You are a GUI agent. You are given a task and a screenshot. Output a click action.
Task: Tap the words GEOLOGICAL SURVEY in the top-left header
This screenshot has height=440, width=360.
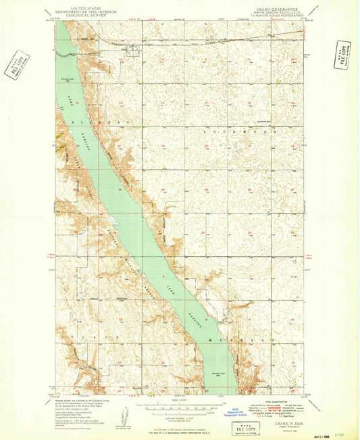click(x=79, y=16)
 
